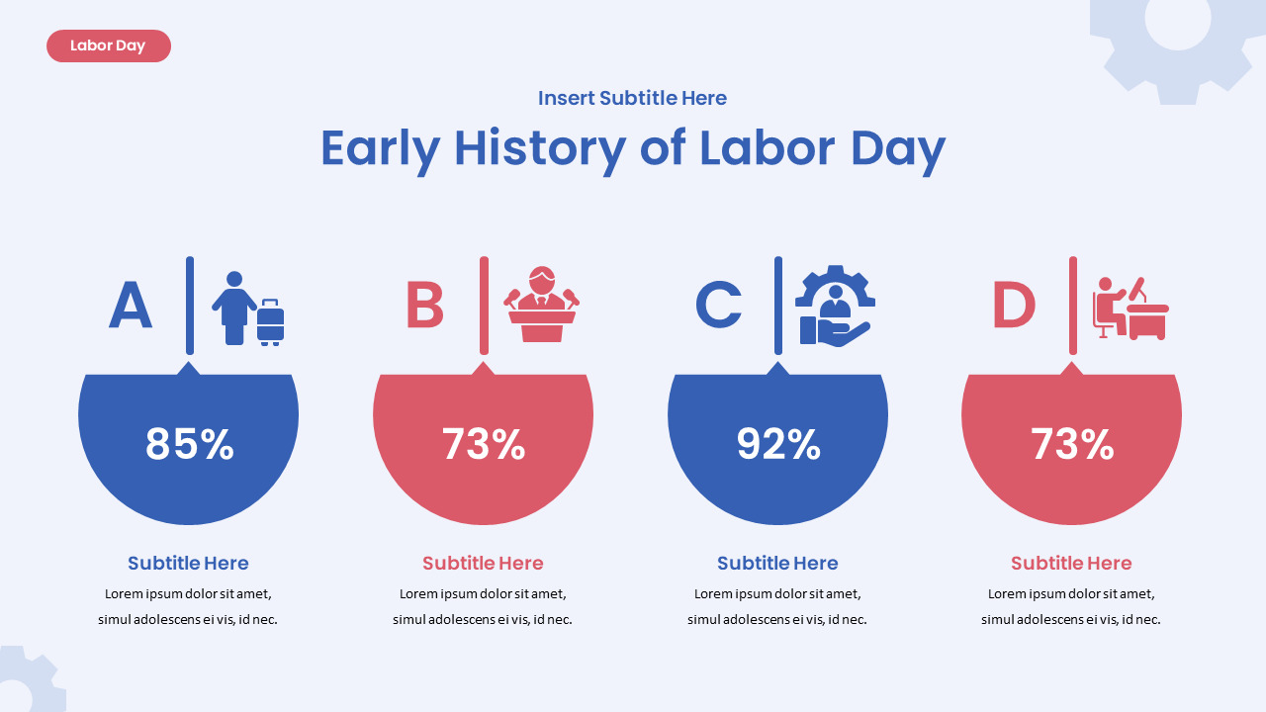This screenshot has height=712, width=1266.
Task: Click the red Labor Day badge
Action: coord(108,45)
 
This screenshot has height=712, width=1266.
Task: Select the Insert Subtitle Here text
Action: coord(632,98)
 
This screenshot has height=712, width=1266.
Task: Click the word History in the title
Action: coord(539,148)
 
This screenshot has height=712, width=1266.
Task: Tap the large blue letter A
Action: coord(131,306)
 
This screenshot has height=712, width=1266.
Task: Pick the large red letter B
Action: coord(424,306)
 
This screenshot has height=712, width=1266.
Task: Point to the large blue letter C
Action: coord(719,306)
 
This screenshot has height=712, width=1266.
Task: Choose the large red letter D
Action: coord(1014,306)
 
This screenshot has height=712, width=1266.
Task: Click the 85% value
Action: coord(189,444)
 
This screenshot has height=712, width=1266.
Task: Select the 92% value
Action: coord(778,444)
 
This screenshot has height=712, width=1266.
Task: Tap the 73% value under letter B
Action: coord(483,444)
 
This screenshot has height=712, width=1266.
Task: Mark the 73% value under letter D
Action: coord(1072,444)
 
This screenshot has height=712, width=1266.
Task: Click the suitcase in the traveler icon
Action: coord(270,321)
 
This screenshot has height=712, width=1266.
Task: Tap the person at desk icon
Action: coord(1130,309)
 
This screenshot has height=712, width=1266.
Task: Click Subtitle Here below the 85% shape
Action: coord(188,563)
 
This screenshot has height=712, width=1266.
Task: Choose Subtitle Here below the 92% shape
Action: coord(777,563)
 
